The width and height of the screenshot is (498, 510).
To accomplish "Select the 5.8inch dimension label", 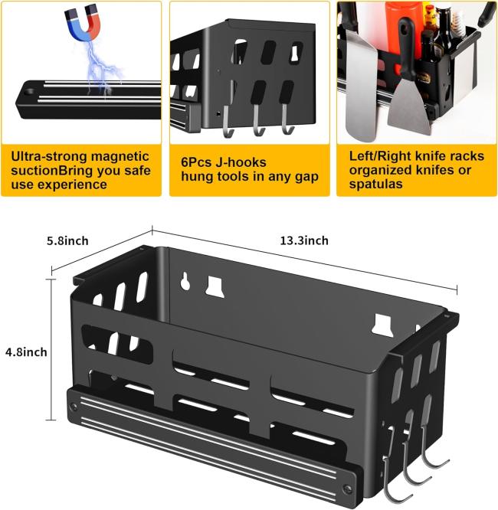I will [x=67, y=240].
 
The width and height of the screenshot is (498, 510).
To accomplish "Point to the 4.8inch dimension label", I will [x=26, y=351].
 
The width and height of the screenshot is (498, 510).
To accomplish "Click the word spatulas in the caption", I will [x=375, y=185].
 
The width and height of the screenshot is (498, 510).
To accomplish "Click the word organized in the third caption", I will [x=381, y=171].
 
